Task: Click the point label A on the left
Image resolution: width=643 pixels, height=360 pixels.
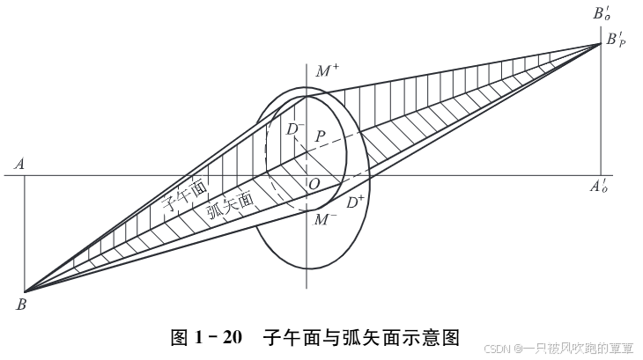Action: [18, 163]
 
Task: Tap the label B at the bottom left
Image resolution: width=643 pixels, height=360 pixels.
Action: [20, 305]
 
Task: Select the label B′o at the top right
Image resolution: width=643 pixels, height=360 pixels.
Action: [602, 13]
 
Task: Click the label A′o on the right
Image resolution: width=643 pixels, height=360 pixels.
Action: [601, 187]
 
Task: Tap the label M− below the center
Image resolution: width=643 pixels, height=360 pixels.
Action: [325, 218]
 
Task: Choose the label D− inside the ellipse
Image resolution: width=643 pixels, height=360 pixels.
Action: [296, 129]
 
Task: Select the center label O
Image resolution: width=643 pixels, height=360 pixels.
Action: [314, 184]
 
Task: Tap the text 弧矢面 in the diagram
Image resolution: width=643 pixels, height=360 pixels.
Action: [230, 205]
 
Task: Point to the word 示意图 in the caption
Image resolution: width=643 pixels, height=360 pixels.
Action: [432, 337]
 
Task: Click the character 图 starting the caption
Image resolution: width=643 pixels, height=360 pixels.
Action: [179, 337]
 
